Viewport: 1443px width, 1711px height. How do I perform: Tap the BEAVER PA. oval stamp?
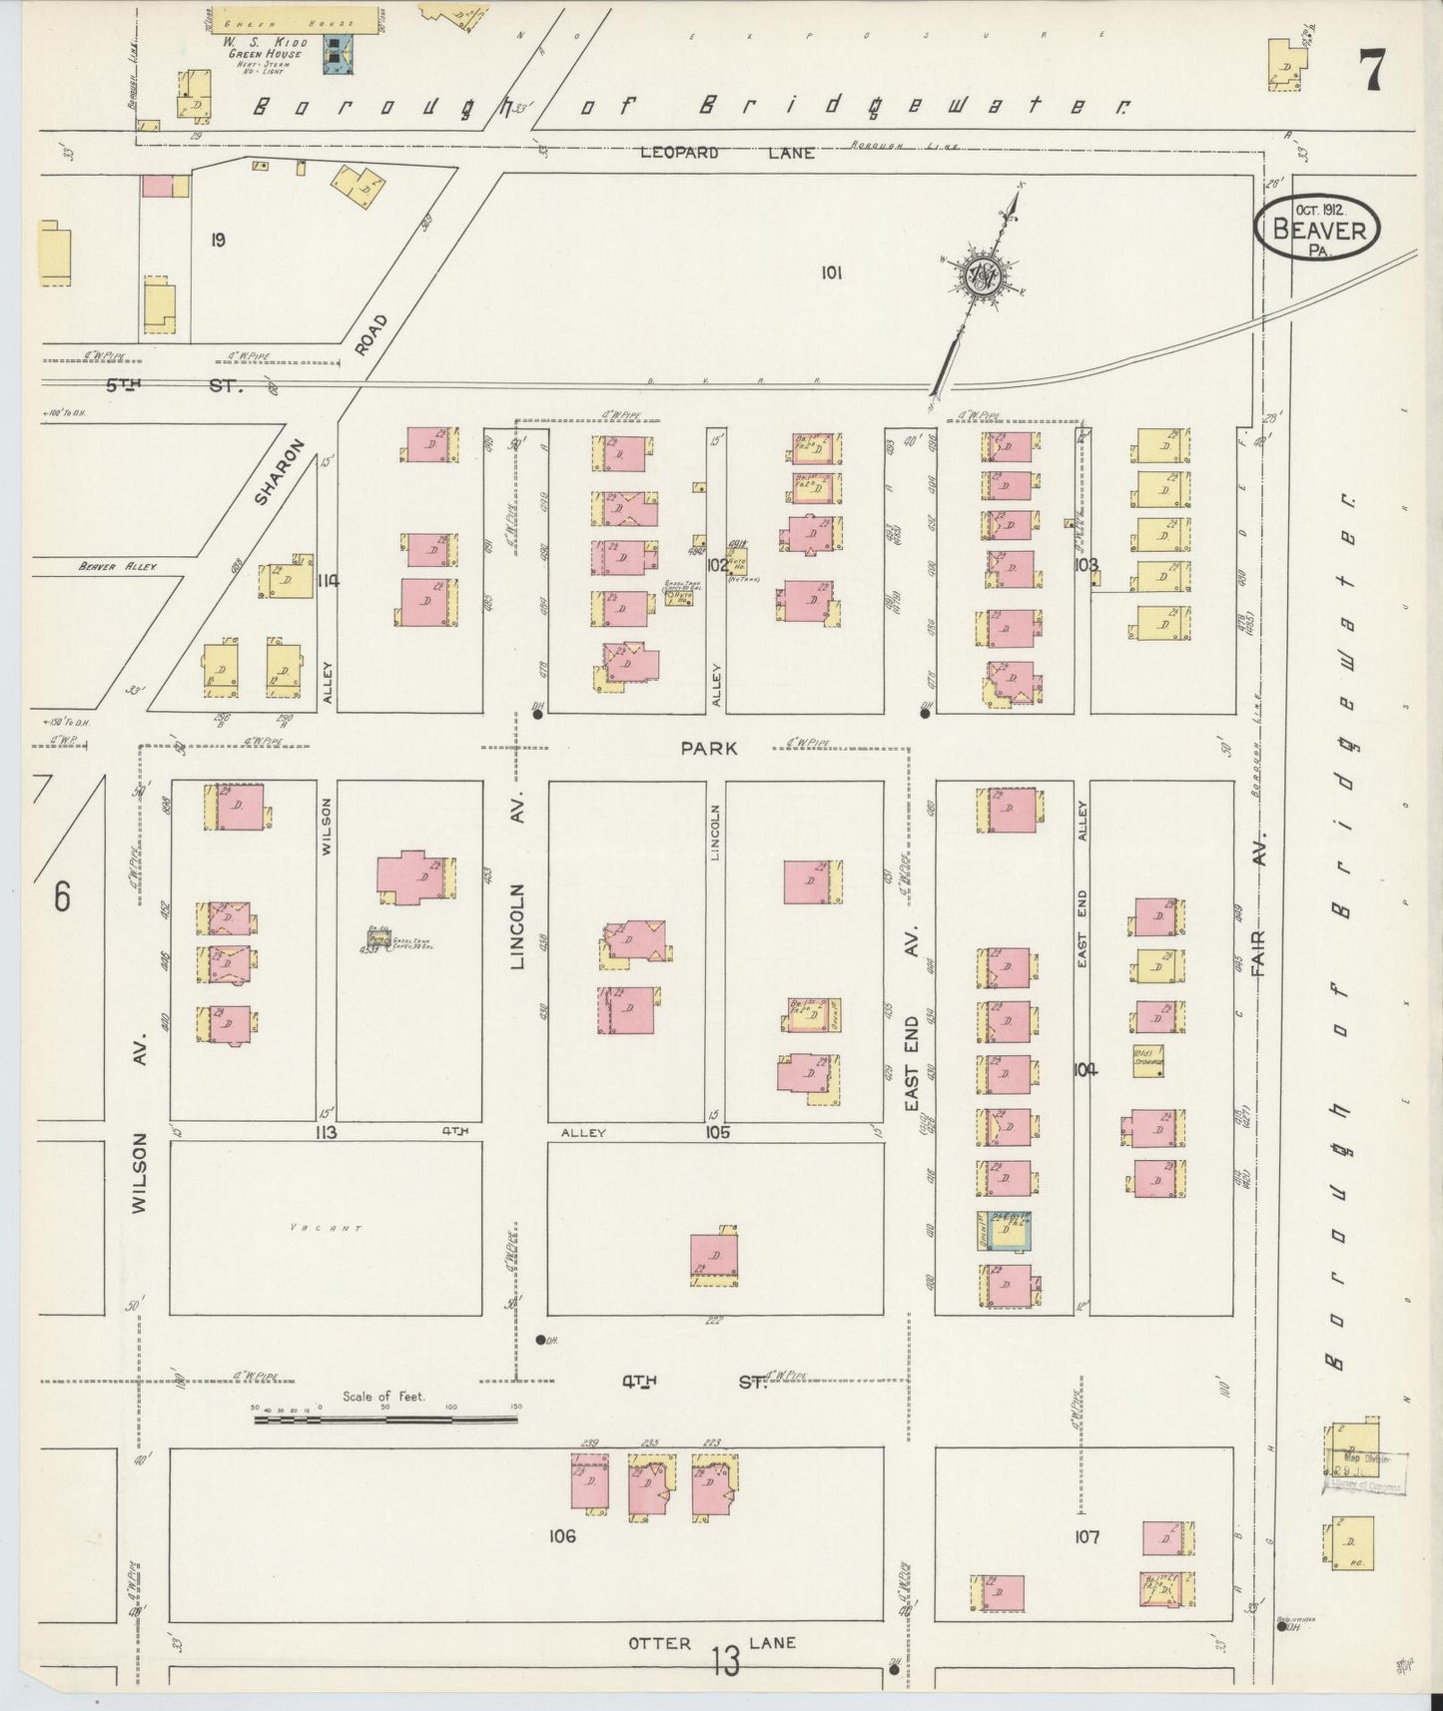coord(1318,229)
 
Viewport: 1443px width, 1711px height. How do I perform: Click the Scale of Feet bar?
coord(384,1417)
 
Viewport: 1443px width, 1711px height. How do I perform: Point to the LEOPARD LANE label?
coord(727,153)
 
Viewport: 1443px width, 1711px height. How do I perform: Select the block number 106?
coord(562,1535)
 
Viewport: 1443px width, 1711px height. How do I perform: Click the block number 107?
coord(1086,1537)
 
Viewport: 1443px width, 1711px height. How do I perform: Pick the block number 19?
coord(218,240)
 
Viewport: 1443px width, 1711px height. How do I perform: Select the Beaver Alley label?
coord(118,566)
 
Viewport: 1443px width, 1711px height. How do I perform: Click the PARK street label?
coord(709,748)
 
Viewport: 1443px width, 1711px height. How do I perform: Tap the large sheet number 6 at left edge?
coord(62,897)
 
